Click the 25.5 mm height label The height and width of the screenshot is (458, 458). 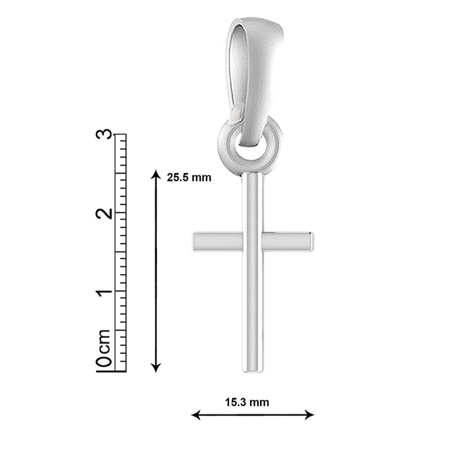point(189,177)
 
